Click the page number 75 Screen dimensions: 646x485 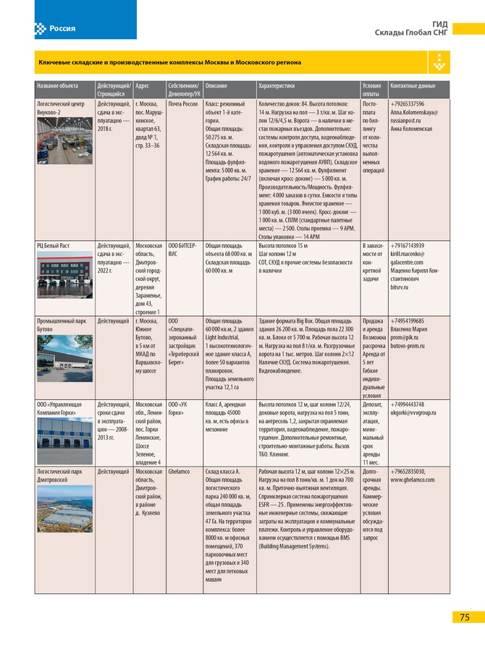pyautogui.click(x=464, y=617)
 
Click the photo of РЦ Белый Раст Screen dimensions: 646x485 pyautogui.click(x=65, y=272)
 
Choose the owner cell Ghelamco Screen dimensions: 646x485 pyautogui.click(x=181, y=471)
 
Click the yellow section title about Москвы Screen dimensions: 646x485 pyautogui.click(x=170, y=63)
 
